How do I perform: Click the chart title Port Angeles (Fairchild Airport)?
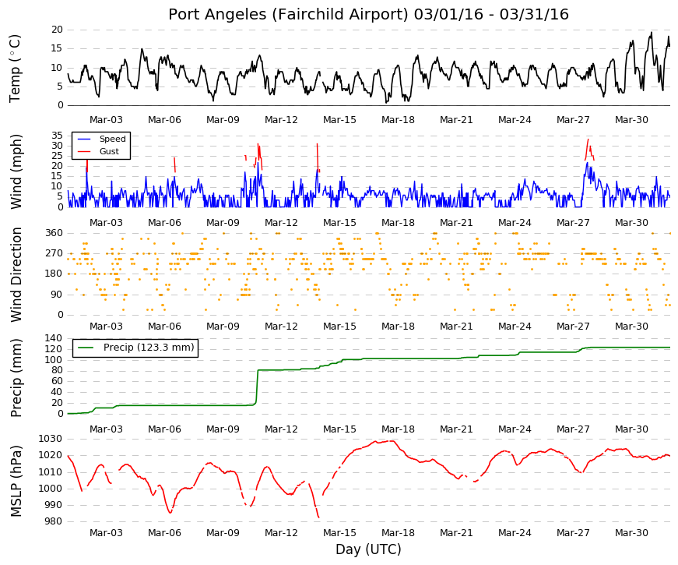(x=288, y=15)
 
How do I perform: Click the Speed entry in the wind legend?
(x=112, y=139)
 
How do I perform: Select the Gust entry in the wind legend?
(x=109, y=151)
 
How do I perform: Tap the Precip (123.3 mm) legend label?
(x=149, y=348)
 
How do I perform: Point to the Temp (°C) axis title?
(x=15, y=69)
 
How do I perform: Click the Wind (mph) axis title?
(x=16, y=171)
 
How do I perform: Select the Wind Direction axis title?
(x=16, y=275)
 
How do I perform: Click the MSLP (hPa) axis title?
(x=16, y=481)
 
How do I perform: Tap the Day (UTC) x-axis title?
(x=368, y=549)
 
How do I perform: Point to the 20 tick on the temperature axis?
(x=57, y=30)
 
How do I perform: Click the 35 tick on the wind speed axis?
(x=57, y=136)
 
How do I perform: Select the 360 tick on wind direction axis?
(x=54, y=233)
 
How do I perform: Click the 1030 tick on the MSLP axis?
(x=51, y=439)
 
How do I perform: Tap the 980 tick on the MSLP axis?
(x=53, y=521)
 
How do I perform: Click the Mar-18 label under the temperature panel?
(x=398, y=120)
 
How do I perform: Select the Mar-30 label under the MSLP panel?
(x=631, y=533)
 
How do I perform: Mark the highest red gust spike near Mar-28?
(x=588, y=139)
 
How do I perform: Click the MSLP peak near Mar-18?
(x=392, y=441)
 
